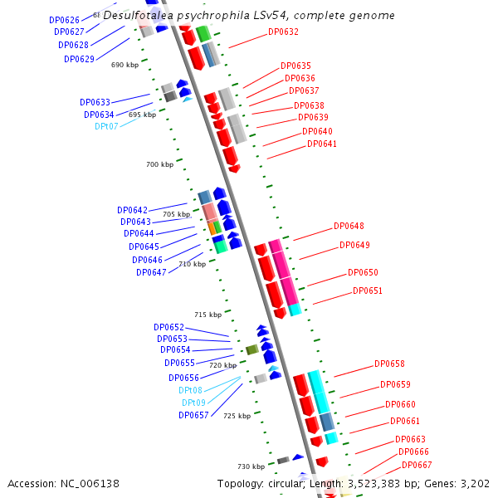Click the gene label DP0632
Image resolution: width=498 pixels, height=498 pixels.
pyautogui.click(x=283, y=32)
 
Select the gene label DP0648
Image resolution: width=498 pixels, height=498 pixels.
pyautogui.click(x=349, y=226)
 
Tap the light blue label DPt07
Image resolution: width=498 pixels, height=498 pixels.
pyautogui.click(x=106, y=126)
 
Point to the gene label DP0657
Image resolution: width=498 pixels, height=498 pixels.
pyautogui.click(x=193, y=415)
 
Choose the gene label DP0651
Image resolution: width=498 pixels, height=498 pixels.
pyautogui.click(x=368, y=290)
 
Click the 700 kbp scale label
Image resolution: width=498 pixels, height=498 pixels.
pyautogui.click(x=159, y=164)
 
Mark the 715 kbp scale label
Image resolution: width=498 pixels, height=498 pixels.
pyautogui.click(x=208, y=315)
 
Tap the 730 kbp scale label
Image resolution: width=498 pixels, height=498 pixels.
pyautogui.click(x=251, y=466)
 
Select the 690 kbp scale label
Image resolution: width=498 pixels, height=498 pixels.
pyautogui.click(x=124, y=65)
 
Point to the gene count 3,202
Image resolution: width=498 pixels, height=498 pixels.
pyautogui.click(x=473, y=483)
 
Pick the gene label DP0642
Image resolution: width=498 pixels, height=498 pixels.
pyautogui.click(x=132, y=210)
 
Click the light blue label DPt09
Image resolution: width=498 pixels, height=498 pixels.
pyautogui.click(x=193, y=403)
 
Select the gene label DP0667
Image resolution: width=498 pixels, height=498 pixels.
pyautogui.click(x=417, y=465)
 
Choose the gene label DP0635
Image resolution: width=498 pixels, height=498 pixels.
pyautogui.click(x=295, y=66)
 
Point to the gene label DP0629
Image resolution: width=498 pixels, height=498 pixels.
pyautogui.click(x=79, y=59)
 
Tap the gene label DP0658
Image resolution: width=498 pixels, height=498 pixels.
pyautogui.click(x=389, y=364)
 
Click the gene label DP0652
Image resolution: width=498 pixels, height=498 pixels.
pyautogui.click(x=168, y=327)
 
